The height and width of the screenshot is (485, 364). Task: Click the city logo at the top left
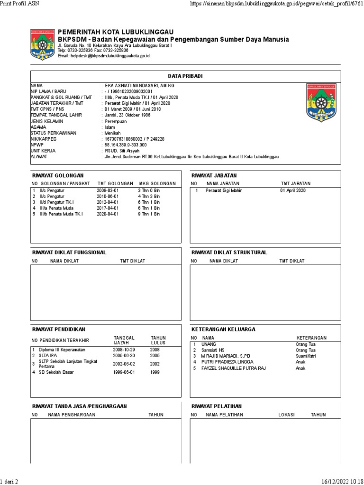[43, 45]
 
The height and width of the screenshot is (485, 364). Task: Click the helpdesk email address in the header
[103, 56]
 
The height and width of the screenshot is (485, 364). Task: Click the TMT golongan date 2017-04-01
[109, 207]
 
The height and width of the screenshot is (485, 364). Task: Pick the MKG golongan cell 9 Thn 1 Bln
[149, 214]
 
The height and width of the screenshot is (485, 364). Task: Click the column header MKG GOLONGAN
[157, 183]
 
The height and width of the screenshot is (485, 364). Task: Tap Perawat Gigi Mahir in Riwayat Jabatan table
[222, 190]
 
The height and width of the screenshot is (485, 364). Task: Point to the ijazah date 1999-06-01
[124, 372]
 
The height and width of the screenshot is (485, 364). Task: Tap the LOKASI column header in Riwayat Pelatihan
[286, 415]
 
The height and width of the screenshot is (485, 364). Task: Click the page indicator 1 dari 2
[9, 481]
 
